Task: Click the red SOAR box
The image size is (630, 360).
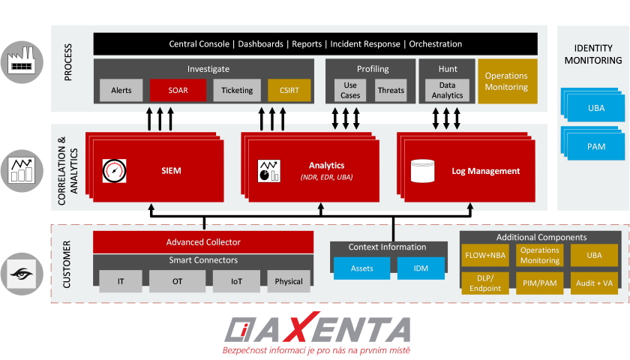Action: pos(178,90)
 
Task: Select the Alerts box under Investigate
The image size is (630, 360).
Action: pos(121,90)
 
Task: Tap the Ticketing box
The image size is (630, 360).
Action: pos(237,90)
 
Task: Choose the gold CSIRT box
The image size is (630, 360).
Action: pos(289,90)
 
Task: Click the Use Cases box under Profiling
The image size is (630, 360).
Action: pos(350,90)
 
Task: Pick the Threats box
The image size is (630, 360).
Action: pos(391,90)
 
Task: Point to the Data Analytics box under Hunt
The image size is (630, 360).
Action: pos(447,90)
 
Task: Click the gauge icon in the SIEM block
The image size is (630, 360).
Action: pos(115,171)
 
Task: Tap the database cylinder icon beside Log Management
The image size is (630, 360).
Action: pos(423,171)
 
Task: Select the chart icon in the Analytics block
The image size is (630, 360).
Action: pos(268,171)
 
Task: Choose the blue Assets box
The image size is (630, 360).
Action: pos(362,268)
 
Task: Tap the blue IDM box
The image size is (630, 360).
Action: pos(421,268)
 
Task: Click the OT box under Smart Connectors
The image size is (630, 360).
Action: pos(177,281)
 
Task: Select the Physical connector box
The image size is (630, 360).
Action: pos(289,281)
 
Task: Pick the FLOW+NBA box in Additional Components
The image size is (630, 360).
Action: pos(485,255)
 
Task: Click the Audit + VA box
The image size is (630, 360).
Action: pos(594,283)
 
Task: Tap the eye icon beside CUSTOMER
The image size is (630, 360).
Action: pos(22,274)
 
